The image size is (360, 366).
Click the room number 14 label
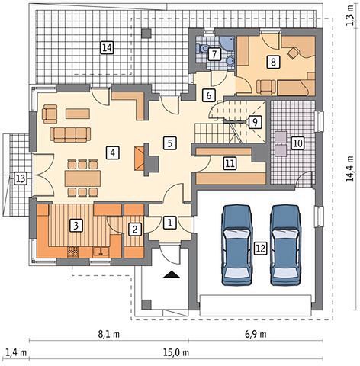click(107, 47)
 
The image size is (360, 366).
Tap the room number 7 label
click(214, 54)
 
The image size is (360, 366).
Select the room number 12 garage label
click(261, 248)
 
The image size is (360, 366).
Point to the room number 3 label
click(76, 225)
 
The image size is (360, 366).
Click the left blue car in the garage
click(237, 245)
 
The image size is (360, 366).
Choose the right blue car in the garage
click(286, 245)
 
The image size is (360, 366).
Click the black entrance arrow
click(172, 274)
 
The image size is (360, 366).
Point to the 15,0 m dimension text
click(176, 352)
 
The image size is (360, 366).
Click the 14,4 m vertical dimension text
click(350, 169)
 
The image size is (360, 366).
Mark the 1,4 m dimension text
click(16, 352)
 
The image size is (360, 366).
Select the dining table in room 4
click(82, 178)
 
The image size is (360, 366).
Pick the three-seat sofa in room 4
click(70, 134)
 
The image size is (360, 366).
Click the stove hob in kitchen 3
click(73, 252)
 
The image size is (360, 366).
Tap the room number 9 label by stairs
click(255, 122)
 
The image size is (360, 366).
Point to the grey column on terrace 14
click(146, 34)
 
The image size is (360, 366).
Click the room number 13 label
click(21, 178)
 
